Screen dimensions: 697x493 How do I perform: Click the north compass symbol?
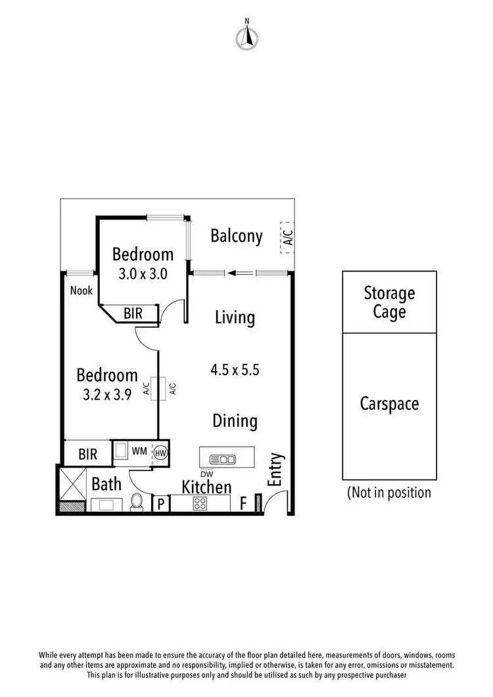[246, 37]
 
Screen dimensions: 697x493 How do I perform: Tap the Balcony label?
[236, 236]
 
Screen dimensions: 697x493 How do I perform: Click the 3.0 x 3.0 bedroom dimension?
[143, 274]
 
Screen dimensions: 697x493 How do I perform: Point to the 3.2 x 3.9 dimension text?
[107, 395]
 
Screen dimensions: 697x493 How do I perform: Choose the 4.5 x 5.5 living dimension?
[235, 370]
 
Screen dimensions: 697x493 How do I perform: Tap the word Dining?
[235, 420]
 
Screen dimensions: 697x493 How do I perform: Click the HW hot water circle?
[160, 452]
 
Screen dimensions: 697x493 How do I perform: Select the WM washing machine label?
[139, 451]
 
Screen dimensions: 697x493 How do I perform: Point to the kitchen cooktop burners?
[200, 504]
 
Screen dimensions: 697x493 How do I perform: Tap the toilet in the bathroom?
[137, 502]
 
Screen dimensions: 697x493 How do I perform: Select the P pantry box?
[160, 504]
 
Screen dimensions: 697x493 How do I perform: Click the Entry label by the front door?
[276, 470]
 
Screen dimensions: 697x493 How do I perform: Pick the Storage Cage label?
[389, 302]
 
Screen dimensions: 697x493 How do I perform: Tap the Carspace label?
[389, 403]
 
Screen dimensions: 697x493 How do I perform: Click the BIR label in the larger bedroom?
[87, 454]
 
